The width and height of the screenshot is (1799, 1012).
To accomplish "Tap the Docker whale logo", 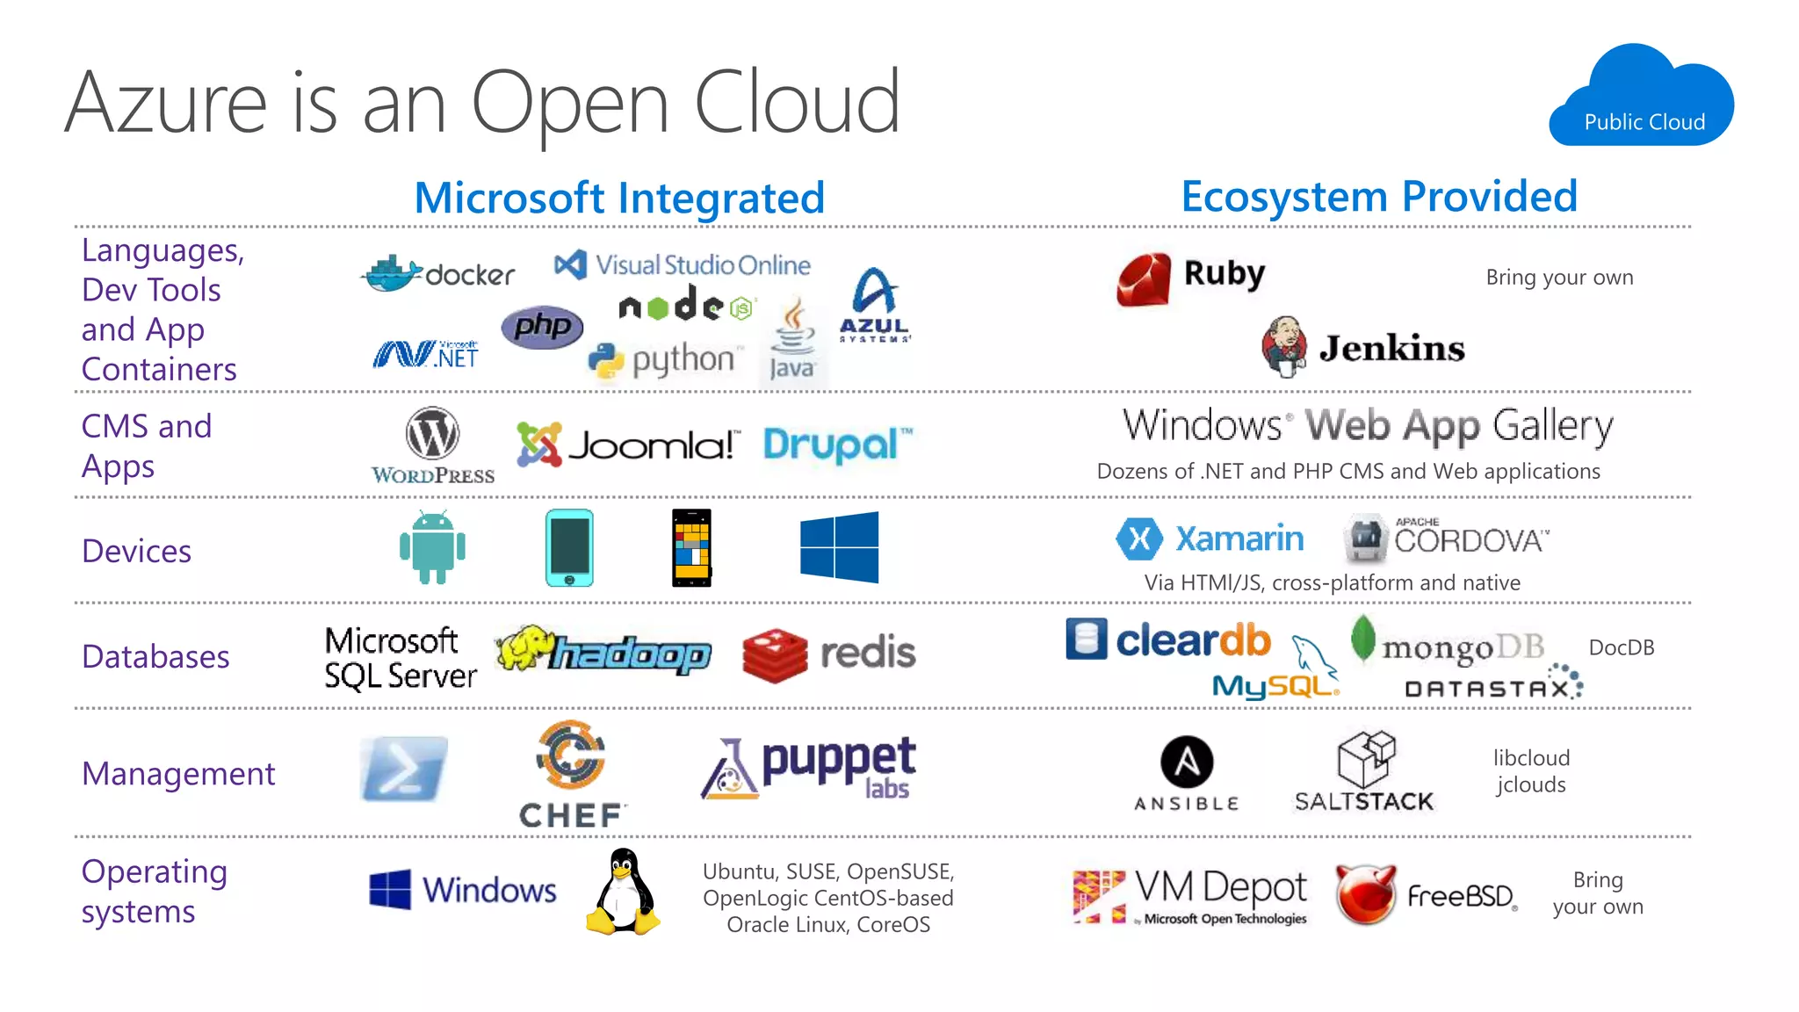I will tap(393, 274).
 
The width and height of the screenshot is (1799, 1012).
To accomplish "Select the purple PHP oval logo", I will tap(542, 328).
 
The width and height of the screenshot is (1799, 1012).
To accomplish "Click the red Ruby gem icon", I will tap(1144, 279).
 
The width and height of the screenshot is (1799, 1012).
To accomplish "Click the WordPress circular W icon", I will tap(432, 433).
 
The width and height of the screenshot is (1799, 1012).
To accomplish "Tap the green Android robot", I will tap(432, 547).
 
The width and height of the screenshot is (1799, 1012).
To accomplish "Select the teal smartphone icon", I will tap(569, 547).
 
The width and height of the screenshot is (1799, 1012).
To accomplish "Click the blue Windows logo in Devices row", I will tap(839, 547).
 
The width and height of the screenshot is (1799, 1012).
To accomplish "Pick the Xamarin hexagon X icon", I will tap(1139, 539).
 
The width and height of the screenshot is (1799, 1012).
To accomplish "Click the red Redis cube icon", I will tap(774, 655).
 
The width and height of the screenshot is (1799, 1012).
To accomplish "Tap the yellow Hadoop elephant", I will tap(525, 647).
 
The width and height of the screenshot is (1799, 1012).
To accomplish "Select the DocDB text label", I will tap(1621, 648).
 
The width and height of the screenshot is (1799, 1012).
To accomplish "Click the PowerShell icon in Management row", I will tap(403, 770).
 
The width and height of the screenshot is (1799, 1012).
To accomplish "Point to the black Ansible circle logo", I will tap(1187, 762).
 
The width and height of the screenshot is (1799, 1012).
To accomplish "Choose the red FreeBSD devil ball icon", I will tap(1365, 894).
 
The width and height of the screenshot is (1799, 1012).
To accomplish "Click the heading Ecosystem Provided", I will tap(1379, 197).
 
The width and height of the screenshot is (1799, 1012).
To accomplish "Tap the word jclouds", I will tap(1531, 784).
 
